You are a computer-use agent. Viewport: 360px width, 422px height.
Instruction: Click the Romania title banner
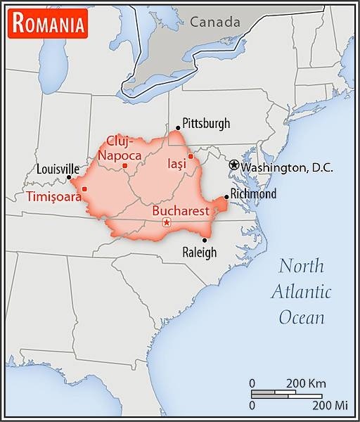coord(48,24)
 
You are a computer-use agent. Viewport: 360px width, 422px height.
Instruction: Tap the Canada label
coord(214,22)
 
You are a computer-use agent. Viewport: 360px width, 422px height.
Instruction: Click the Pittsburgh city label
coord(206,124)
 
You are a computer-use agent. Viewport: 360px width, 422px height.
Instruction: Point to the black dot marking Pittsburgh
coord(178,128)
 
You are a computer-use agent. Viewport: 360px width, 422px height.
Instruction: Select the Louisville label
coord(58,170)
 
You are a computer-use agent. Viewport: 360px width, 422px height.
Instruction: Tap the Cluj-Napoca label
coord(120,148)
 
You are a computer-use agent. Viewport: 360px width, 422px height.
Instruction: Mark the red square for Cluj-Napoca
coord(124,166)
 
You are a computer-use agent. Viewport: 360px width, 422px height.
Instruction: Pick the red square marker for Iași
coord(190,156)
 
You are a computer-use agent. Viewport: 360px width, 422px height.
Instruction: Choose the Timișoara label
coord(53,196)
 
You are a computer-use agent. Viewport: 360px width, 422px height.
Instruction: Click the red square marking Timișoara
coord(84,188)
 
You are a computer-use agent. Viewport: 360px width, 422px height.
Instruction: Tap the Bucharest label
coord(181,210)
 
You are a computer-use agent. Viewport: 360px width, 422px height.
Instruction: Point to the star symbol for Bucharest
coord(167,223)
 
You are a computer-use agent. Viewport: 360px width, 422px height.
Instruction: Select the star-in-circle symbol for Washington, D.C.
coord(234,164)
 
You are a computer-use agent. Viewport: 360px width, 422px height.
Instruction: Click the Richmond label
coord(253,194)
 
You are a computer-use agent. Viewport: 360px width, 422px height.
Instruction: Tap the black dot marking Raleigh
coord(204,240)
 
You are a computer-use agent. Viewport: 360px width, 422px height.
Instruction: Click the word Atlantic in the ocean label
coord(302,291)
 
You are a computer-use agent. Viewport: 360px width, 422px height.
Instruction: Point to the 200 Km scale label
coord(306,383)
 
